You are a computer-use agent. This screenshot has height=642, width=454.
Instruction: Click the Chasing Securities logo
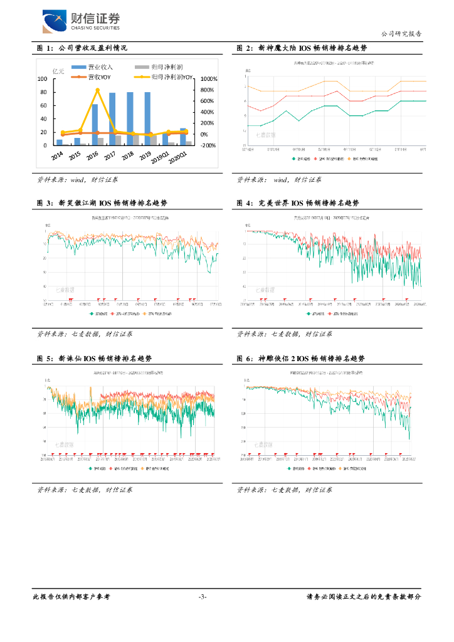80,21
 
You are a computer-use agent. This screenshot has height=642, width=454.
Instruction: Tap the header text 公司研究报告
401,34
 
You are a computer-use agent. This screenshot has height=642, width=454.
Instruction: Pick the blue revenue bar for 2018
130,119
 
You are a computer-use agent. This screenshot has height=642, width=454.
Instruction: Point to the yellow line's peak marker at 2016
97,90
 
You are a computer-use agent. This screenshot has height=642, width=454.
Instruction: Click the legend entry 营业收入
96,67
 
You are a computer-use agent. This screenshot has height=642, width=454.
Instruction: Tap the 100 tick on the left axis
42,79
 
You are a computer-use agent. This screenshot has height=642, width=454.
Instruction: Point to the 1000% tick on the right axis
208,80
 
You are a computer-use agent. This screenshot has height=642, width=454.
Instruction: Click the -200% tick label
208,145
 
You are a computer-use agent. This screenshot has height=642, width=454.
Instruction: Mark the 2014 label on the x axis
56,155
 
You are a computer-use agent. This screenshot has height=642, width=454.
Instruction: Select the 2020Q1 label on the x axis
177,158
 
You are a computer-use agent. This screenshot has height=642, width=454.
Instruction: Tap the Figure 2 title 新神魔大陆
302,48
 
